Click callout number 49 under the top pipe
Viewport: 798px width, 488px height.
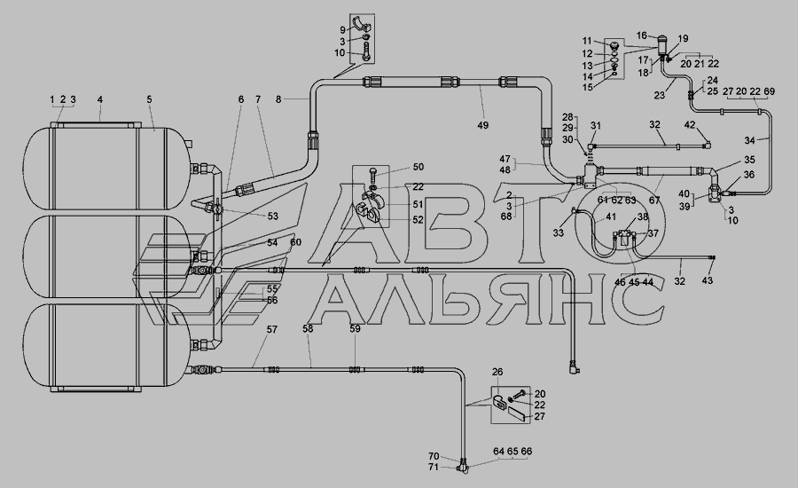point(482,125)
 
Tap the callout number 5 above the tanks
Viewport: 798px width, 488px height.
point(149,99)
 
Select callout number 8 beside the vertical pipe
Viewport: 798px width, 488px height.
point(278,99)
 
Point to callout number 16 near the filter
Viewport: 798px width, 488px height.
point(642,35)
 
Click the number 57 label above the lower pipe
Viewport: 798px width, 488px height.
point(272,329)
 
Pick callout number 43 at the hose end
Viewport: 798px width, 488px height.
point(708,280)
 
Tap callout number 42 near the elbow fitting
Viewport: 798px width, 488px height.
point(689,125)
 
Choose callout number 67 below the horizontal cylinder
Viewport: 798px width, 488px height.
point(654,201)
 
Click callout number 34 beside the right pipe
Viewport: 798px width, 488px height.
point(750,140)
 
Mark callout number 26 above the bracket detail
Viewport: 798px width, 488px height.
point(497,373)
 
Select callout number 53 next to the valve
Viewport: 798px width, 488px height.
point(273,216)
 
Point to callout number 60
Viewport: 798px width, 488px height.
point(295,242)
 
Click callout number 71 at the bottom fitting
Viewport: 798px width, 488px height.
point(433,467)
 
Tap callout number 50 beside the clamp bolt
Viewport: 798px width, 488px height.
point(419,167)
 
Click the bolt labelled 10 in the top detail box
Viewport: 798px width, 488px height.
point(366,53)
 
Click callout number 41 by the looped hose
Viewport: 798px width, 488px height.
point(611,216)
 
